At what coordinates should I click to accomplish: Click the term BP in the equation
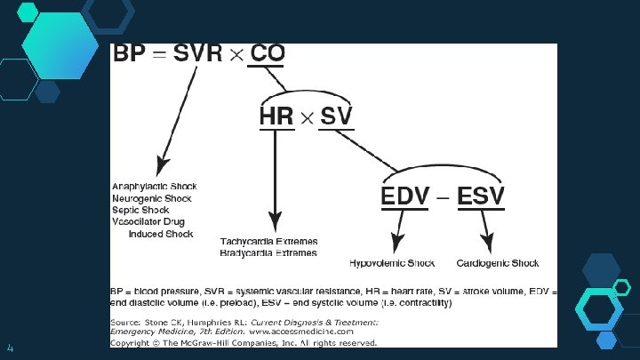(127, 54)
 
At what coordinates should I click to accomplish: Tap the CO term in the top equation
(268, 54)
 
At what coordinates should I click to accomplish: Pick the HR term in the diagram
(276, 116)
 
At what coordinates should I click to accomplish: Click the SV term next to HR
(336, 116)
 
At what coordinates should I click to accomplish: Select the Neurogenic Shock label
(151, 197)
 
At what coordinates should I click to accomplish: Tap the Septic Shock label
(140, 210)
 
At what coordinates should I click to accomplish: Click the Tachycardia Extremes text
(268, 241)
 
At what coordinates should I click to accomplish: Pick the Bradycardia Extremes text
(268, 252)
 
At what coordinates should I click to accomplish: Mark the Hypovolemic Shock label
(392, 263)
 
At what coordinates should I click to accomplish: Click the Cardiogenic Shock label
(498, 263)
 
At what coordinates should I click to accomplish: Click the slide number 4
(10, 346)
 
